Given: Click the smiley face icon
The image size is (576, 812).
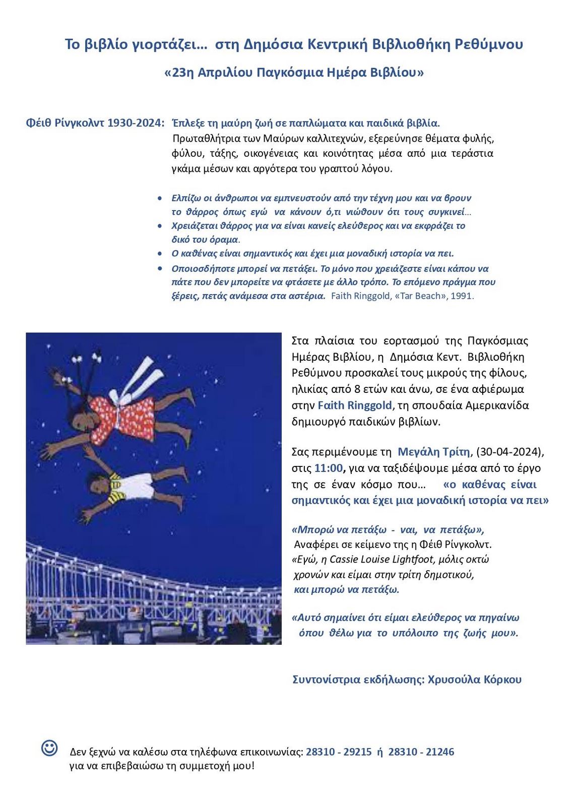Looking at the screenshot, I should tap(49, 748).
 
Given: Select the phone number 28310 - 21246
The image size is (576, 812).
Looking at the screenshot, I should tap(421, 752).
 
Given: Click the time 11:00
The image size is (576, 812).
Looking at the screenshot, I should tap(328, 468).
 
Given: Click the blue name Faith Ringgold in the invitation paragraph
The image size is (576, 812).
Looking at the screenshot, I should tap(355, 405).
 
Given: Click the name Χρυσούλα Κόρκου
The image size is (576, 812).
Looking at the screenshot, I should tap(475, 679).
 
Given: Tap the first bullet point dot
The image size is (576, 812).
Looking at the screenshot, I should tap(160, 198).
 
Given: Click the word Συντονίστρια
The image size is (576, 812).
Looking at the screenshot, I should tap(326, 679).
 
